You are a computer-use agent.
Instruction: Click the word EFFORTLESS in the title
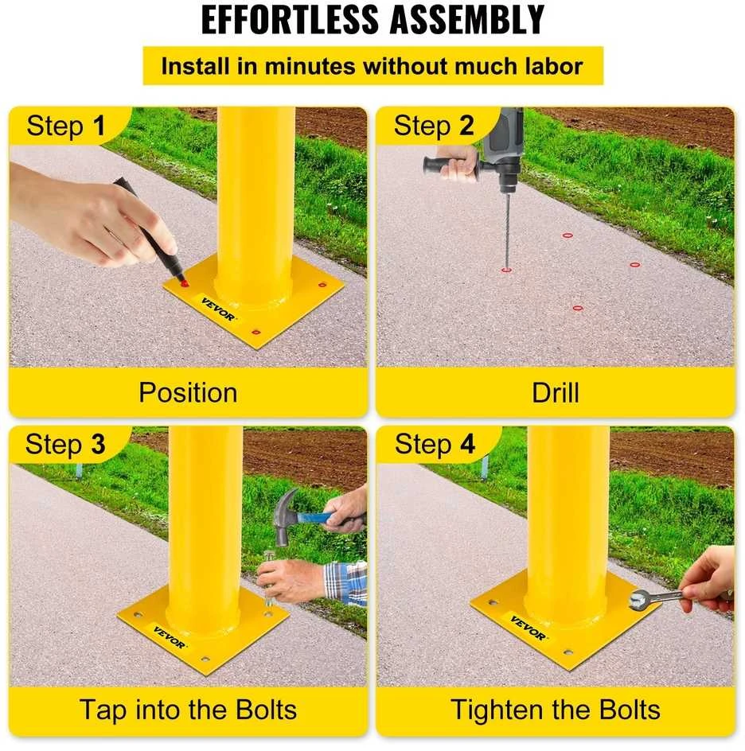point(290,20)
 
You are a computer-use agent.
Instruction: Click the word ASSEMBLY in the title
point(466,20)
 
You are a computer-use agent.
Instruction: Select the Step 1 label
point(65,126)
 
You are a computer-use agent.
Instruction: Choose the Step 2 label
point(434,126)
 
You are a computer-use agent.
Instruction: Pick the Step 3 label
point(65,444)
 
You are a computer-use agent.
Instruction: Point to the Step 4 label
point(435,444)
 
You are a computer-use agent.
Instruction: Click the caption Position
point(189,393)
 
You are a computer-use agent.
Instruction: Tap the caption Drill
point(556,393)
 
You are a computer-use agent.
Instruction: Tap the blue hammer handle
point(316,517)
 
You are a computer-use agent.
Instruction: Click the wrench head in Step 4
point(638,600)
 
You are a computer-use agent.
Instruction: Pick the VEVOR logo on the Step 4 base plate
point(528,628)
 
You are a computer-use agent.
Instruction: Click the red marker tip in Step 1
point(184,283)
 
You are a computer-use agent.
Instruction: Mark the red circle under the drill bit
point(506,270)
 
